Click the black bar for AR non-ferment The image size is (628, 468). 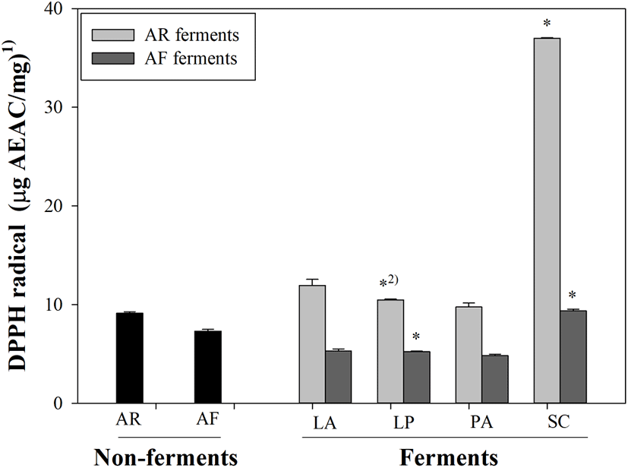[x=129, y=358]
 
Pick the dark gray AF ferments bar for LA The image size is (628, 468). [x=339, y=377]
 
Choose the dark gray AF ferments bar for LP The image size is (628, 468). [x=417, y=377]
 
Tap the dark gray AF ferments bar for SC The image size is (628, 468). [x=573, y=356]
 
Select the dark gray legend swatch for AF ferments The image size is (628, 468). [x=106, y=58]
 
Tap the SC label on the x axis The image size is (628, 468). [x=560, y=420]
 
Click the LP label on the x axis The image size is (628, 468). [x=404, y=420]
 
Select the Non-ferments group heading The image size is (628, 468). [x=166, y=456]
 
